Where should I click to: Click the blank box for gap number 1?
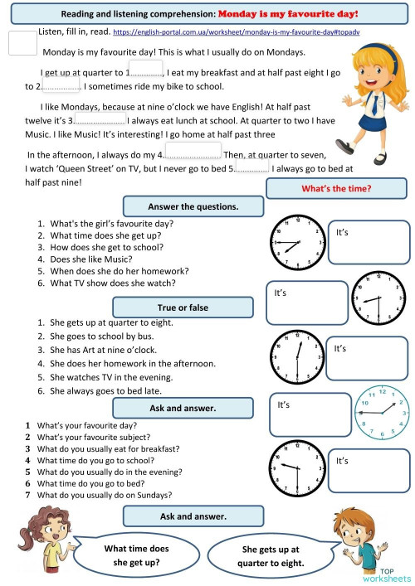pyautogui.click(x=145, y=70)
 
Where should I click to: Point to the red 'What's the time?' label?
pyautogui.click(x=336, y=188)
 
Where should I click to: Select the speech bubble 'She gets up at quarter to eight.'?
pyautogui.click(x=271, y=555)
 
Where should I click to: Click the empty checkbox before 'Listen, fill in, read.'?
pyautogui.click(x=22, y=44)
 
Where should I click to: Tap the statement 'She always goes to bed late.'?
pyautogui.click(x=105, y=390)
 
